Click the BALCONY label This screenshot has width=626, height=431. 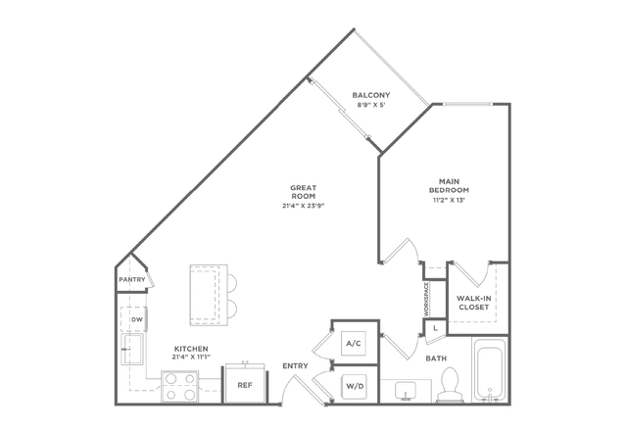click(x=371, y=95)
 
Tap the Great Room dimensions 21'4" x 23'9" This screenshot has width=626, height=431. click(x=304, y=206)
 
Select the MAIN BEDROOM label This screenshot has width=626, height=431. click(x=449, y=185)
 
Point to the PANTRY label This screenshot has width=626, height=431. click(x=132, y=280)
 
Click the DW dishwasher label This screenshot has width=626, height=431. click(x=137, y=319)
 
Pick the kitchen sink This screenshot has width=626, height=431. click(x=132, y=349)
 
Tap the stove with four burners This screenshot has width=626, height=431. click(x=179, y=386)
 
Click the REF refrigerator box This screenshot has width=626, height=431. click(x=245, y=384)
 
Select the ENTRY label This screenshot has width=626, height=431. click(x=295, y=365)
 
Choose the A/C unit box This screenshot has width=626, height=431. click(x=354, y=343)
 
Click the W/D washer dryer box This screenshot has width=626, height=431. click(x=355, y=386)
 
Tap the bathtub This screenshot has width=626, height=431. click(x=490, y=370)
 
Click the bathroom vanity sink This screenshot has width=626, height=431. click(x=406, y=391)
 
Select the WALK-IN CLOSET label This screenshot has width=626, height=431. click(x=474, y=303)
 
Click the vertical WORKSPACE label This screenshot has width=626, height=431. click(x=426, y=300)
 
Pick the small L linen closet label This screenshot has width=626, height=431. click(x=436, y=329)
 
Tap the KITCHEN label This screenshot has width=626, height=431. click(x=191, y=349)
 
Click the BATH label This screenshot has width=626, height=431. click(x=436, y=359)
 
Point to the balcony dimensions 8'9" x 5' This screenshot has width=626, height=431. click(x=371, y=106)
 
